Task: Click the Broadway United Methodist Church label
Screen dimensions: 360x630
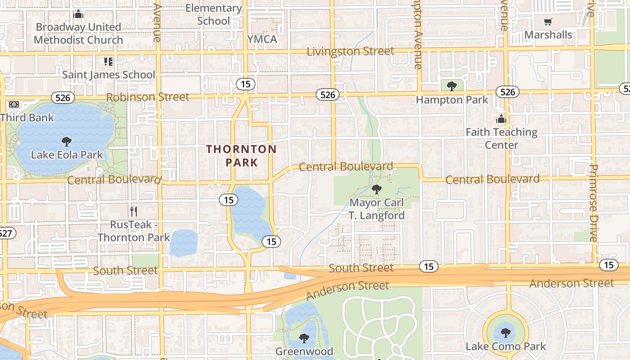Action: click(78, 33)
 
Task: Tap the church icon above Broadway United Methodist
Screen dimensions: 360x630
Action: click(78, 14)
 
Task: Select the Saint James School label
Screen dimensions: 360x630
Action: click(108, 75)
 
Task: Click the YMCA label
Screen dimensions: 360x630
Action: click(262, 39)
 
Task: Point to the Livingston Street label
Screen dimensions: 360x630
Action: click(350, 51)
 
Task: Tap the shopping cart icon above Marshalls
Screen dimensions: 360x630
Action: click(548, 22)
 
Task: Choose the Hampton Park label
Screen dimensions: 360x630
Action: click(452, 99)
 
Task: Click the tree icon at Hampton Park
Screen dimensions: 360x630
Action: click(452, 85)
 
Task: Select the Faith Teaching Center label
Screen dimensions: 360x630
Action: click(501, 139)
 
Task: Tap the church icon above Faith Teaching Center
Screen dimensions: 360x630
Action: click(501, 119)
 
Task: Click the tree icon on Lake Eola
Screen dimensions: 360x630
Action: click(67, 142)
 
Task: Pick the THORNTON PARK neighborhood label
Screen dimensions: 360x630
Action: click(242, 155)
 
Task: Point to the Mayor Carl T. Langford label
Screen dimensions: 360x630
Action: click(377, 209)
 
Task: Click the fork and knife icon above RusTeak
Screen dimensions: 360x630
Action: click(133, 211)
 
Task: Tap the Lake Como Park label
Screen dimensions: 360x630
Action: click(505, 346)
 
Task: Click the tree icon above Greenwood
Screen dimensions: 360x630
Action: click(304, 338)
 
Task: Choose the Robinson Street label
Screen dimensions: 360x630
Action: click(148, 97)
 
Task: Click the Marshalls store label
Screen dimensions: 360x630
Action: click(548, 35)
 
